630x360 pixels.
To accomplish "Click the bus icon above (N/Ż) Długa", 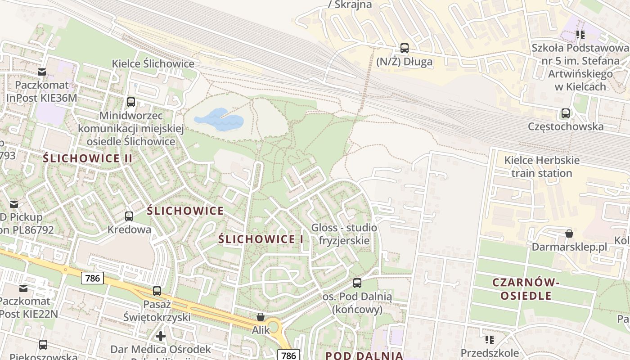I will click(404, 48).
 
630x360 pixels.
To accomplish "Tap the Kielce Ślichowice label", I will click(153, 64).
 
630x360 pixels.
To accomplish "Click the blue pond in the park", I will click(219, 119).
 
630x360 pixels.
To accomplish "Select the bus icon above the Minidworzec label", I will click(131, 102).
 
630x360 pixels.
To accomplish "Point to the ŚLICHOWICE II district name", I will click(88, 158).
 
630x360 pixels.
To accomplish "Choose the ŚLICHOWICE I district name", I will click(261, 239).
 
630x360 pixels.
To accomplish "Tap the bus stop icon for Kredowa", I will click(129, 216).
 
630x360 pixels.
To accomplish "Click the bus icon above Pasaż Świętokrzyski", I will click(157, 291).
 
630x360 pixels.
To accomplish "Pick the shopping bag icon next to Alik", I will click(260, 317).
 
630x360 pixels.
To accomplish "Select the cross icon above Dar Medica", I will click(161, 336).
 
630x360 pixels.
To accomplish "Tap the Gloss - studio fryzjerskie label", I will click(344, 234).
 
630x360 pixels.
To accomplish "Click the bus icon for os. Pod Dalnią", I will click(357, 283).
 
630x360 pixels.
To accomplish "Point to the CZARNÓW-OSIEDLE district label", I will click(526, 289).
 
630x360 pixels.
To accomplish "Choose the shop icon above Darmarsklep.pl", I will click(569, 234).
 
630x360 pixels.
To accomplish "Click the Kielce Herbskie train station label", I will click(538, 166).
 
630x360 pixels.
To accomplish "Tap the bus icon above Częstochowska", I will click(566, 113).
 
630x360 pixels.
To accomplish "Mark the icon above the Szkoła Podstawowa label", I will click(580, 34).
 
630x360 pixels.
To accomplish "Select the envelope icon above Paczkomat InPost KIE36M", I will click(42, 72).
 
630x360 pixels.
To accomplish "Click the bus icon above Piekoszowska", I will click(43, 345).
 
